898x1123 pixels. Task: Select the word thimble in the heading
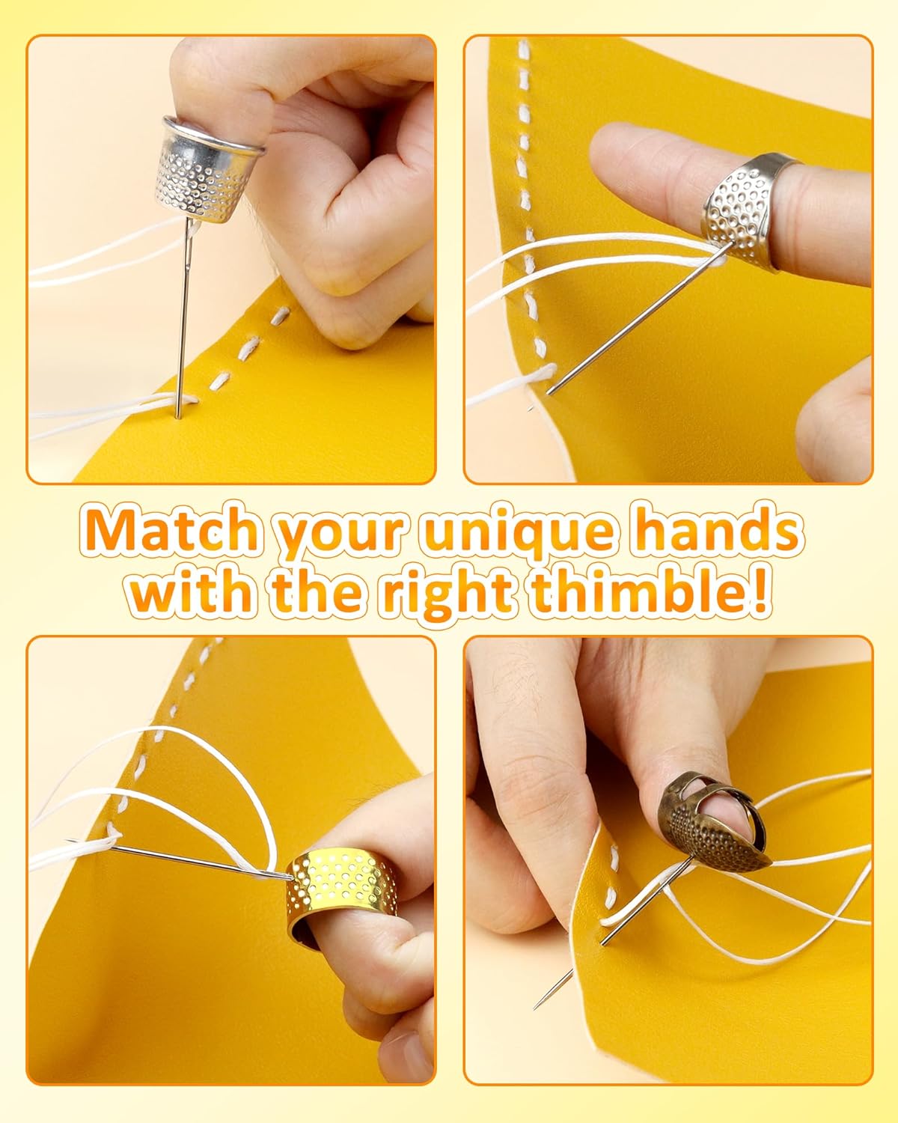pos(634,594)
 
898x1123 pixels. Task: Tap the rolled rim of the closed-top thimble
pos(215,135)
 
